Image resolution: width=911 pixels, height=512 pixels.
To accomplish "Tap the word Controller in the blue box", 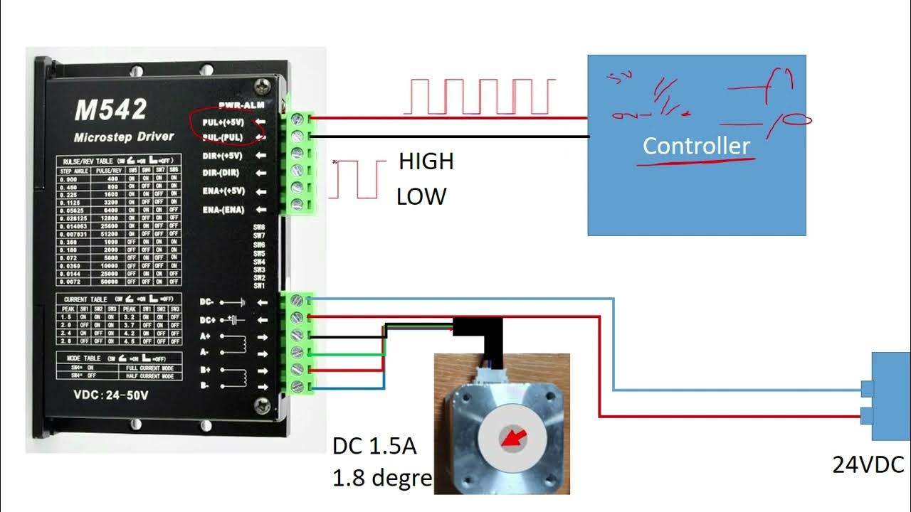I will [696, 146].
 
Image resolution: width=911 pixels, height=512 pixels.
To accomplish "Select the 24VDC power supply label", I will [868, 465].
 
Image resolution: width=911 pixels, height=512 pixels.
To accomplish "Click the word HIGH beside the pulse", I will [426, 162].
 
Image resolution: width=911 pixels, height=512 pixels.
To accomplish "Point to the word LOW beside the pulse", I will [421, 196].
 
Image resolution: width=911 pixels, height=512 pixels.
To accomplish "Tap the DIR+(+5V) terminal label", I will [223, 156].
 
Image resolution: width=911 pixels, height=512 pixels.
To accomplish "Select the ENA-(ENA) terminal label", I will [223, 210].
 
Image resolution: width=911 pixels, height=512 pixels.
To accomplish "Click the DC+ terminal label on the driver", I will [208, 319].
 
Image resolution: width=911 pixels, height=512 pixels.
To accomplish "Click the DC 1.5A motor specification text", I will [374, 447].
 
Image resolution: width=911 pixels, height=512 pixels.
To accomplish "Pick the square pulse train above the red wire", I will [479, 97].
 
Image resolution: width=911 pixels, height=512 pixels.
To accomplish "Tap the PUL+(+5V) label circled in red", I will [223, 122].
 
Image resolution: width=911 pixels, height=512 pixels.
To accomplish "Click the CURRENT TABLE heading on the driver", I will [85, 299].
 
